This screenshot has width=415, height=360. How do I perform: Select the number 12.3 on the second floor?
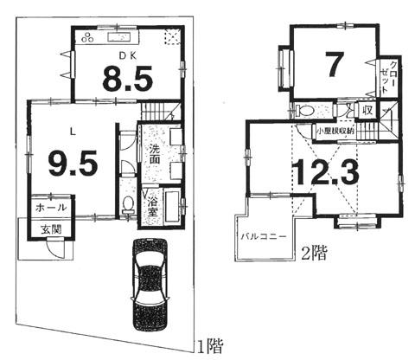324,173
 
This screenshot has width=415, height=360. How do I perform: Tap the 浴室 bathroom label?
151,205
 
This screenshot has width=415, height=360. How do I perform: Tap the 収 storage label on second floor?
367,110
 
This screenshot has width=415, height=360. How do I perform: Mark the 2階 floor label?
313,253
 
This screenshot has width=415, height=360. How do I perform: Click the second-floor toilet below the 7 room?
304,111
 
